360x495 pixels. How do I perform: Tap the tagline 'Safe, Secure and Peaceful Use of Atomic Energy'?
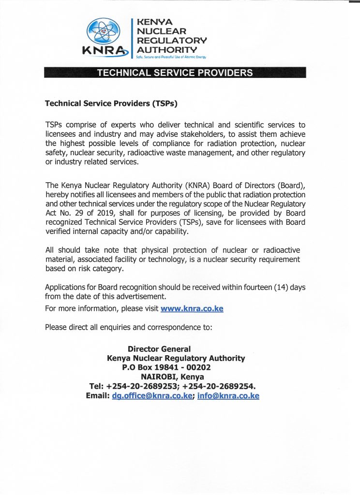[171, 57]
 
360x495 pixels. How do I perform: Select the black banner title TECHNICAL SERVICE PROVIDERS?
[175, 73]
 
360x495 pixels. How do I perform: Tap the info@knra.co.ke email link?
[228, 396]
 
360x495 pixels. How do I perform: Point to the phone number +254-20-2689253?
[142, 386]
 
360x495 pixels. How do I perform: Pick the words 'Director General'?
[159, 349]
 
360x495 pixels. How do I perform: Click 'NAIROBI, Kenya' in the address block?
[172, 377]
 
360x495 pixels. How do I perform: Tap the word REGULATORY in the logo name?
[172, 40]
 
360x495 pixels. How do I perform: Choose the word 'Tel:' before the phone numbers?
[97, 386]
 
